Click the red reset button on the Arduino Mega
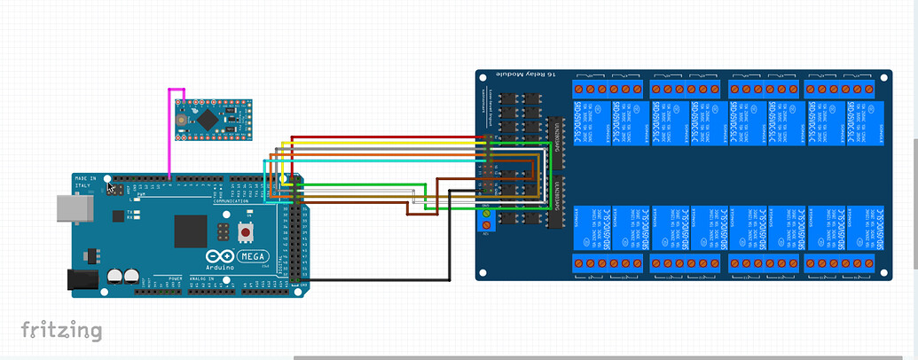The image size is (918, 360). point(245,232)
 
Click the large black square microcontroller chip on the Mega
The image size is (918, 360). point(191,231)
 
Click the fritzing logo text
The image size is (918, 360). point(61,331)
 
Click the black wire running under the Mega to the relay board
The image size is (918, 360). point(381,279)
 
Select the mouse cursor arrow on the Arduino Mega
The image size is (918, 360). point(113,187)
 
